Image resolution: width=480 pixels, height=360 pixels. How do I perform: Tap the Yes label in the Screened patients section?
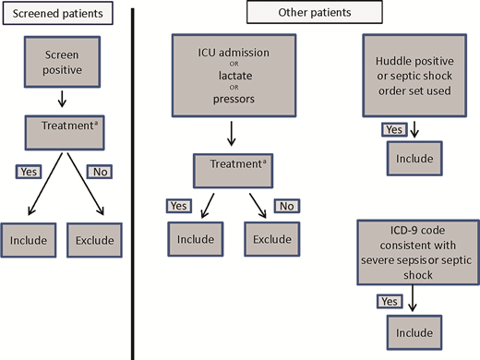(27, 171)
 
